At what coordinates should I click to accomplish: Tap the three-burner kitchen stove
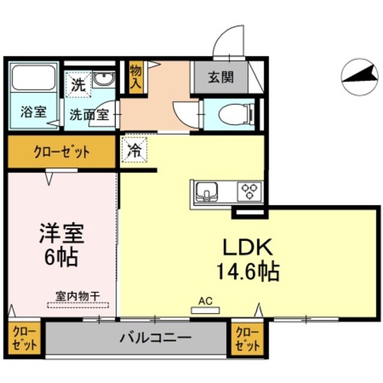249,191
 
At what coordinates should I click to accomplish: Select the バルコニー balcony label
155,338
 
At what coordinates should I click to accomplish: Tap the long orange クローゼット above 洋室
61,153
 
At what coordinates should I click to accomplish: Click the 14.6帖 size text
247,272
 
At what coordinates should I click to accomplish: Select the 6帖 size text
62,257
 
